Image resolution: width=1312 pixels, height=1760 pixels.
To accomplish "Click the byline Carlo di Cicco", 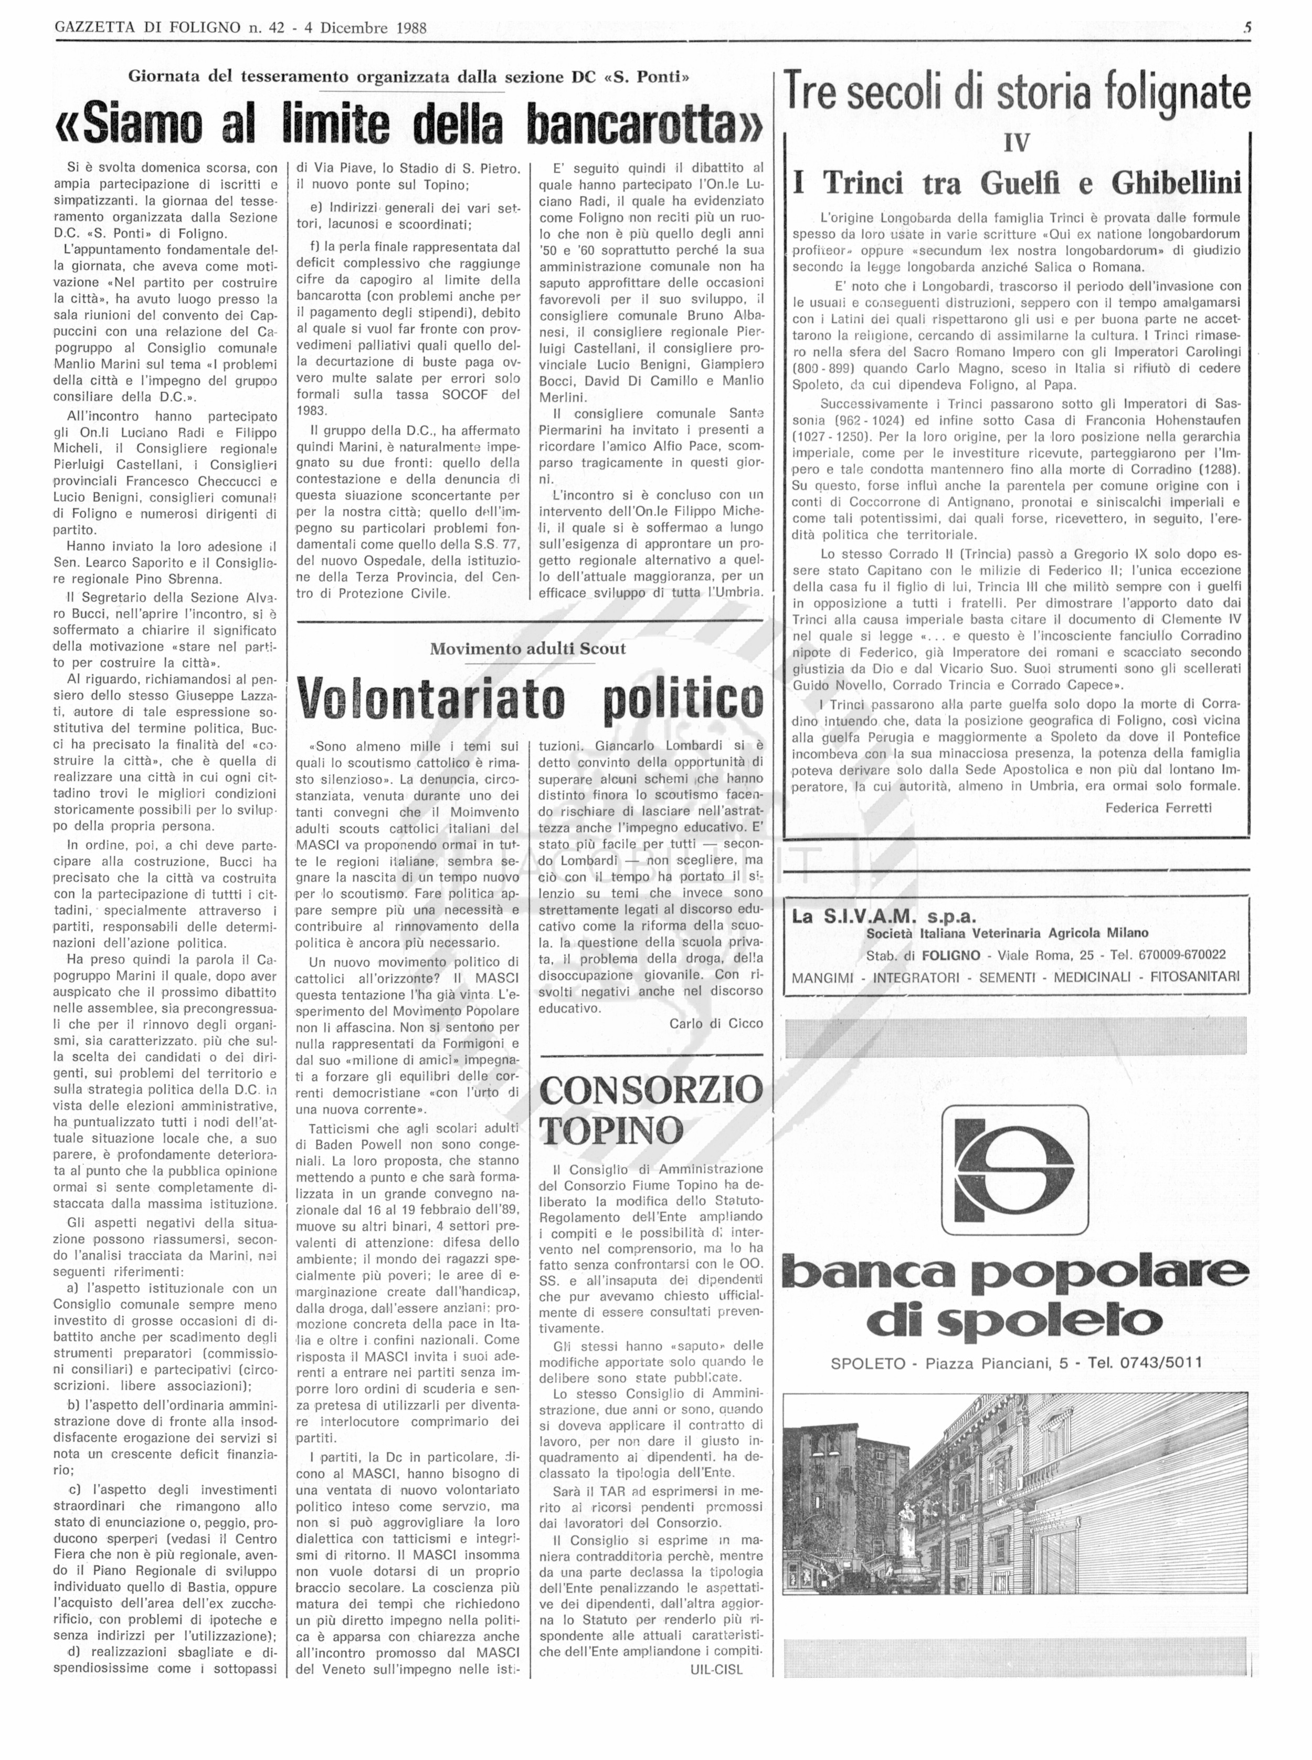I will [715, 1024].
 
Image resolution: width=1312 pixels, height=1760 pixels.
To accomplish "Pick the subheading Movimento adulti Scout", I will [527, 648].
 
